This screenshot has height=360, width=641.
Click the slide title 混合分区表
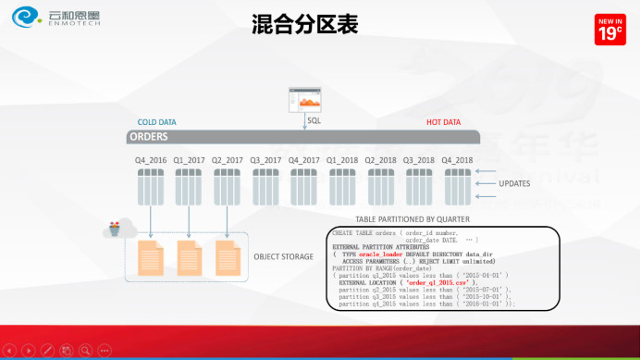(304, 25)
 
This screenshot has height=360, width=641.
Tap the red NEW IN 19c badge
(610, 30)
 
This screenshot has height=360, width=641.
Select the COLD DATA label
(156, 122)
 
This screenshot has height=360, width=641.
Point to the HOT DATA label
(443, 122)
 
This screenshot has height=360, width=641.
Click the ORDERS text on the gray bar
(149, 137)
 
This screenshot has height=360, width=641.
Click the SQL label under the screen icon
(314, 120)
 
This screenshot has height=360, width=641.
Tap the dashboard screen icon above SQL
(304, 98)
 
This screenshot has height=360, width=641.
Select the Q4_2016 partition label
(151, 160)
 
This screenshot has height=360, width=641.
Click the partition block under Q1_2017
(189, 186)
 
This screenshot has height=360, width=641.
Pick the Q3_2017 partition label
(265, 160)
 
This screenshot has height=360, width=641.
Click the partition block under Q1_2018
(342, 186)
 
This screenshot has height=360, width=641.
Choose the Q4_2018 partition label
(457, 160)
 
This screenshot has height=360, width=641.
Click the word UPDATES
(514, 183)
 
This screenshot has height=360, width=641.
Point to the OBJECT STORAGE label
(283, 256)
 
